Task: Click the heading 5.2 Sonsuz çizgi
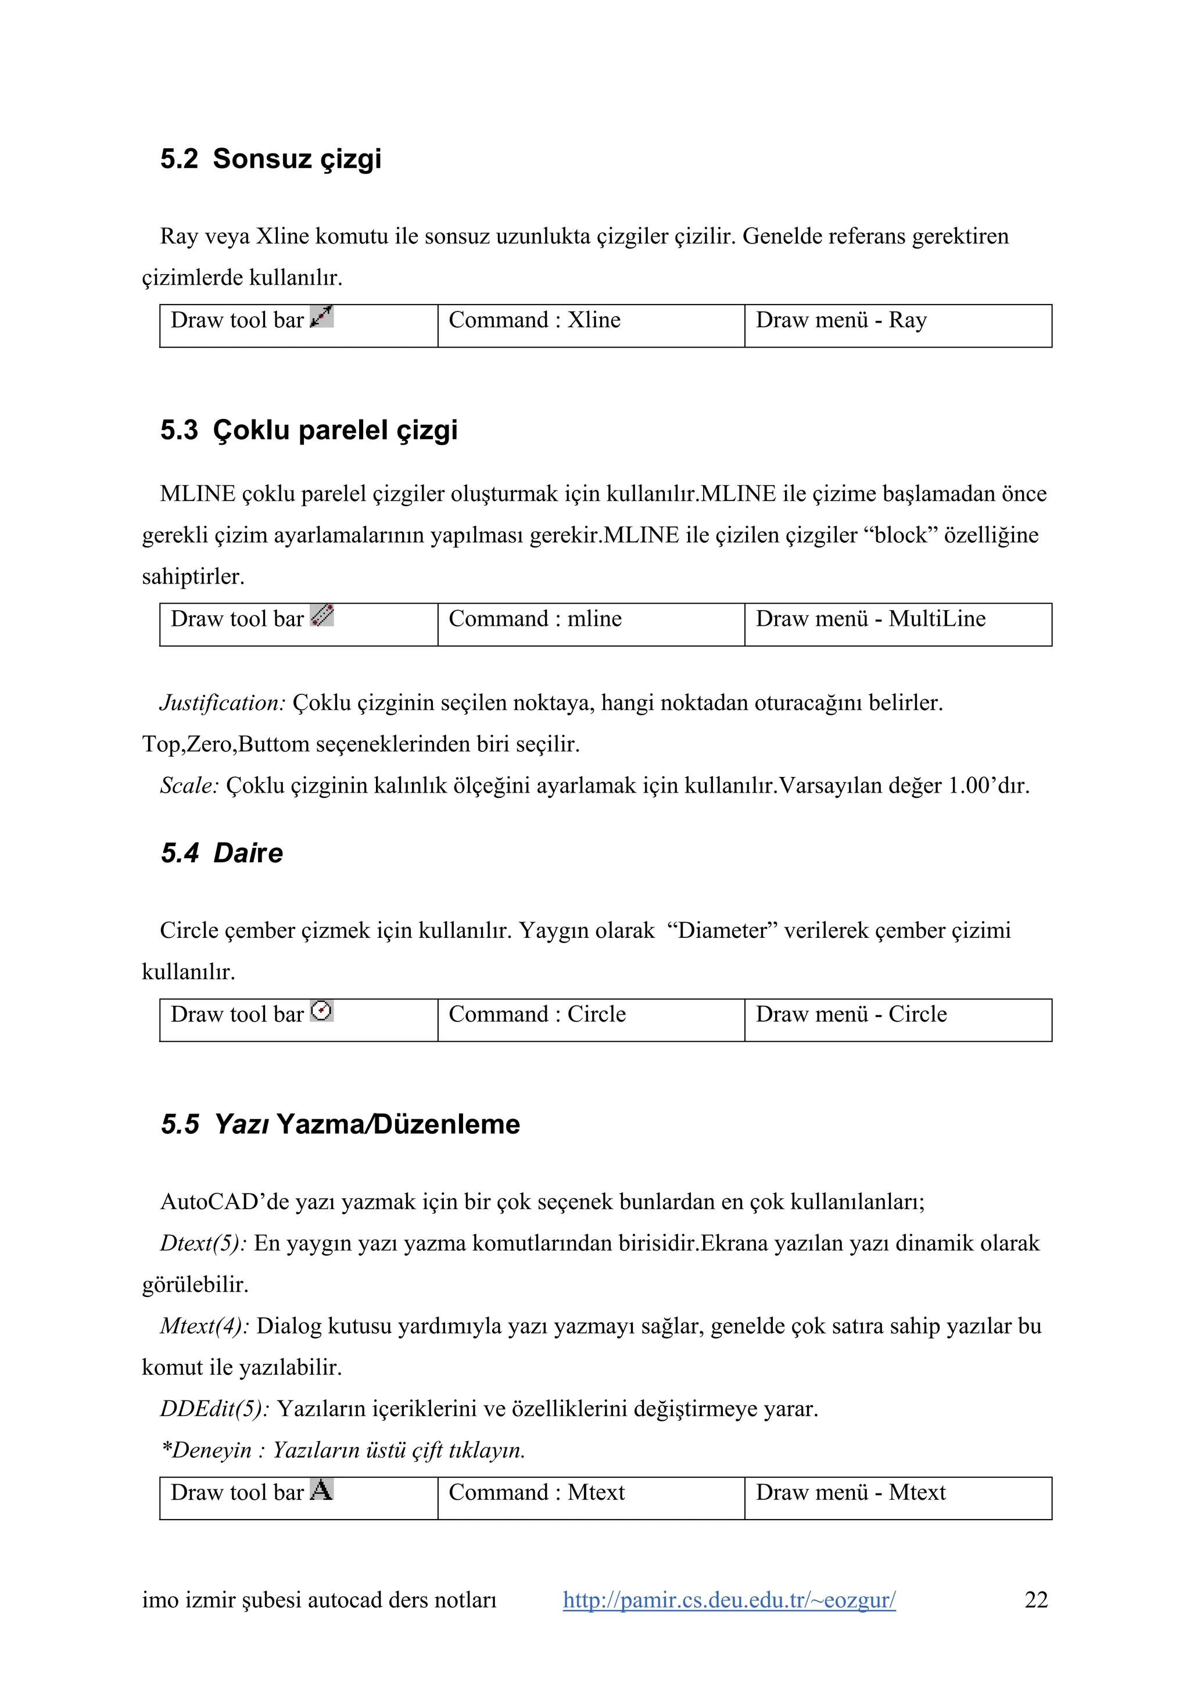(x=271, y=159)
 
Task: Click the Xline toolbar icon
(x=322, y=316)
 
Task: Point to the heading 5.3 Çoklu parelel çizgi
(x=309, y=431)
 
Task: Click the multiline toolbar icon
(x=322, y=615)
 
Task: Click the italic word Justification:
(x=222, y=703)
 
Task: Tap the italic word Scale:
(x=189, y=786)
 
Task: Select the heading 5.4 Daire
(x=221, y=854)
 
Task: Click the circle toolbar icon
(x=322, y=1011)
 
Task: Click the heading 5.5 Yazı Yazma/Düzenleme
(x=340, y=1124)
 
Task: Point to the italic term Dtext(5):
(x=203, y=1243)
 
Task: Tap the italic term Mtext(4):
(x=205, y=1326)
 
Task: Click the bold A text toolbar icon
(x=321, y=1490)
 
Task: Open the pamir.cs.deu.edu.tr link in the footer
(x=729, y=1600)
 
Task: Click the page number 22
(x=1035, y=1600)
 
